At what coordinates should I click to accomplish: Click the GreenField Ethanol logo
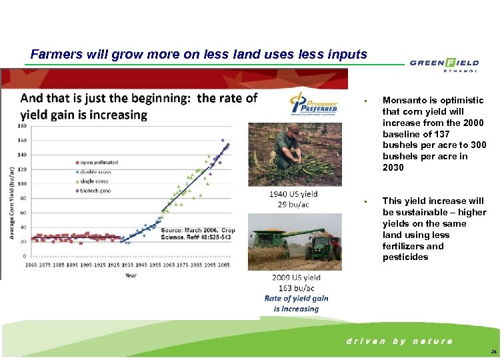pyautogui.click(x=443, y=64)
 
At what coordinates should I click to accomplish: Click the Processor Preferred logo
pyautogui.click(x=313, y=105)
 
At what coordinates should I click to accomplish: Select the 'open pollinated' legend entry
pyautogui.click(x=99, y=162)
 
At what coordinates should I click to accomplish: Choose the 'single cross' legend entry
pyautogui.click(x=95, y=181)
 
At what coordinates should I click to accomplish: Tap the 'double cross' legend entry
pyautogui.click(x=96, y=172)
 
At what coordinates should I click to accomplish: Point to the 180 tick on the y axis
pyautogui.click(x=22, y=125)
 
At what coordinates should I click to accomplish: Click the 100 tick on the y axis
pyautogui.click(x=22, y=183)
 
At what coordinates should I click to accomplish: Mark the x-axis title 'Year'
pyautogui.click(x=131, y=274)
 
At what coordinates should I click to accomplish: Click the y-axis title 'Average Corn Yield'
pyautogui.click(x=11, y=193)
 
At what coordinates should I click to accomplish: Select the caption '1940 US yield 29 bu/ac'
pyautogui.click(x=293, y=199)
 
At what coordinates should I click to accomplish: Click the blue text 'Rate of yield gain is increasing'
pyautogui.click(x=296, y=303)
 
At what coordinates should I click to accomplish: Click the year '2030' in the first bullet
pyautogui.click(x=393, y=168)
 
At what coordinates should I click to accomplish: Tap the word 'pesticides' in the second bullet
pyautogui.click(x=405, y=257)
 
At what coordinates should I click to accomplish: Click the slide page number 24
pyautogui.click(x=493, y=351)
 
